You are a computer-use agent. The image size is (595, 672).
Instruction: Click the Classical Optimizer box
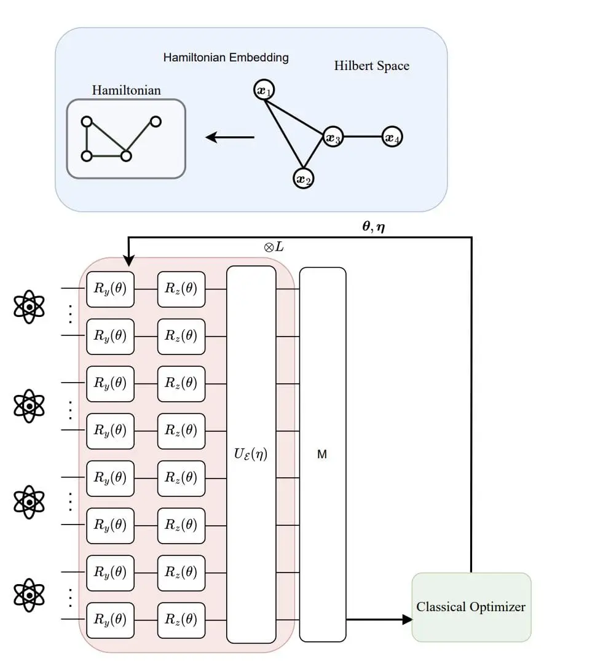click(471, 607)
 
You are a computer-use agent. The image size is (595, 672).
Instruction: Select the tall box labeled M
click(322, 455)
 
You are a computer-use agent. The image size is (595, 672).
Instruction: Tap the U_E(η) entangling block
click(251, 455)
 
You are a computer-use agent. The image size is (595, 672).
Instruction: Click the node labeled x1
click(264, 91)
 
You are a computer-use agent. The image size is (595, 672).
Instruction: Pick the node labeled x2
click(303, 178)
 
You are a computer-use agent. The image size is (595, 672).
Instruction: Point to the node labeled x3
click(334, 138)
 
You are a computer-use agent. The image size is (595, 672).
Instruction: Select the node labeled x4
click(392, 138)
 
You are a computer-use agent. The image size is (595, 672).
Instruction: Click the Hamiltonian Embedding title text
click(226, 58)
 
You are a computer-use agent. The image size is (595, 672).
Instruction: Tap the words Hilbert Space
click(371, 66)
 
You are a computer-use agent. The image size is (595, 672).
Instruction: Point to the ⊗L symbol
click(274, 248)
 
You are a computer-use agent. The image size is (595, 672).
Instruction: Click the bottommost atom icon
click(29, 595)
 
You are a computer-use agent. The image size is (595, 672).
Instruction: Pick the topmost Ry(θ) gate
click(110, 289)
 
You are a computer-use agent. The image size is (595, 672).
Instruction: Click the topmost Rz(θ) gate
click(181, 289)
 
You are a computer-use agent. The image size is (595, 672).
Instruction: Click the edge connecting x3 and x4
click(363, 138)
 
